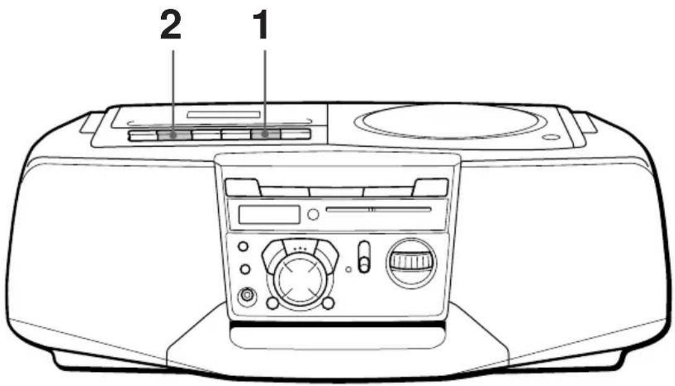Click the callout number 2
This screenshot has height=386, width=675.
pos(171,25)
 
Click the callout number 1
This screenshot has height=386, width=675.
pos(261,25)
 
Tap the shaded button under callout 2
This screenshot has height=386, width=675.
pos(174,135)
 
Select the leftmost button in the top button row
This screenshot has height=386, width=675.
pos(142,135)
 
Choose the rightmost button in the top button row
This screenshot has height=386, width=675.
pos(295,134)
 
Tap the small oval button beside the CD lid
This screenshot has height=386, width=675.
pos(551,138)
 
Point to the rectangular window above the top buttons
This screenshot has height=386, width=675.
pos(224,115)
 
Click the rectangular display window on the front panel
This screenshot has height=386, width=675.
pos(269,214)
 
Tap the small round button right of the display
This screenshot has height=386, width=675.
pos(313,214)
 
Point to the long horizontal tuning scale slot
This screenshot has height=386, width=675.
pos(378,210)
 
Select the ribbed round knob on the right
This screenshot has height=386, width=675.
pos(412,262)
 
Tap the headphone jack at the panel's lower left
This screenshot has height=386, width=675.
pos(247,296)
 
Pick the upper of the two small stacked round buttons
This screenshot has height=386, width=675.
pos(243,247)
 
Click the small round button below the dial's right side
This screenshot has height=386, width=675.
pos(328,304)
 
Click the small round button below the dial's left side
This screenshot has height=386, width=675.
pos(272,304)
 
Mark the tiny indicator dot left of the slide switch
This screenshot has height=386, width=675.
pos(349,270)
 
